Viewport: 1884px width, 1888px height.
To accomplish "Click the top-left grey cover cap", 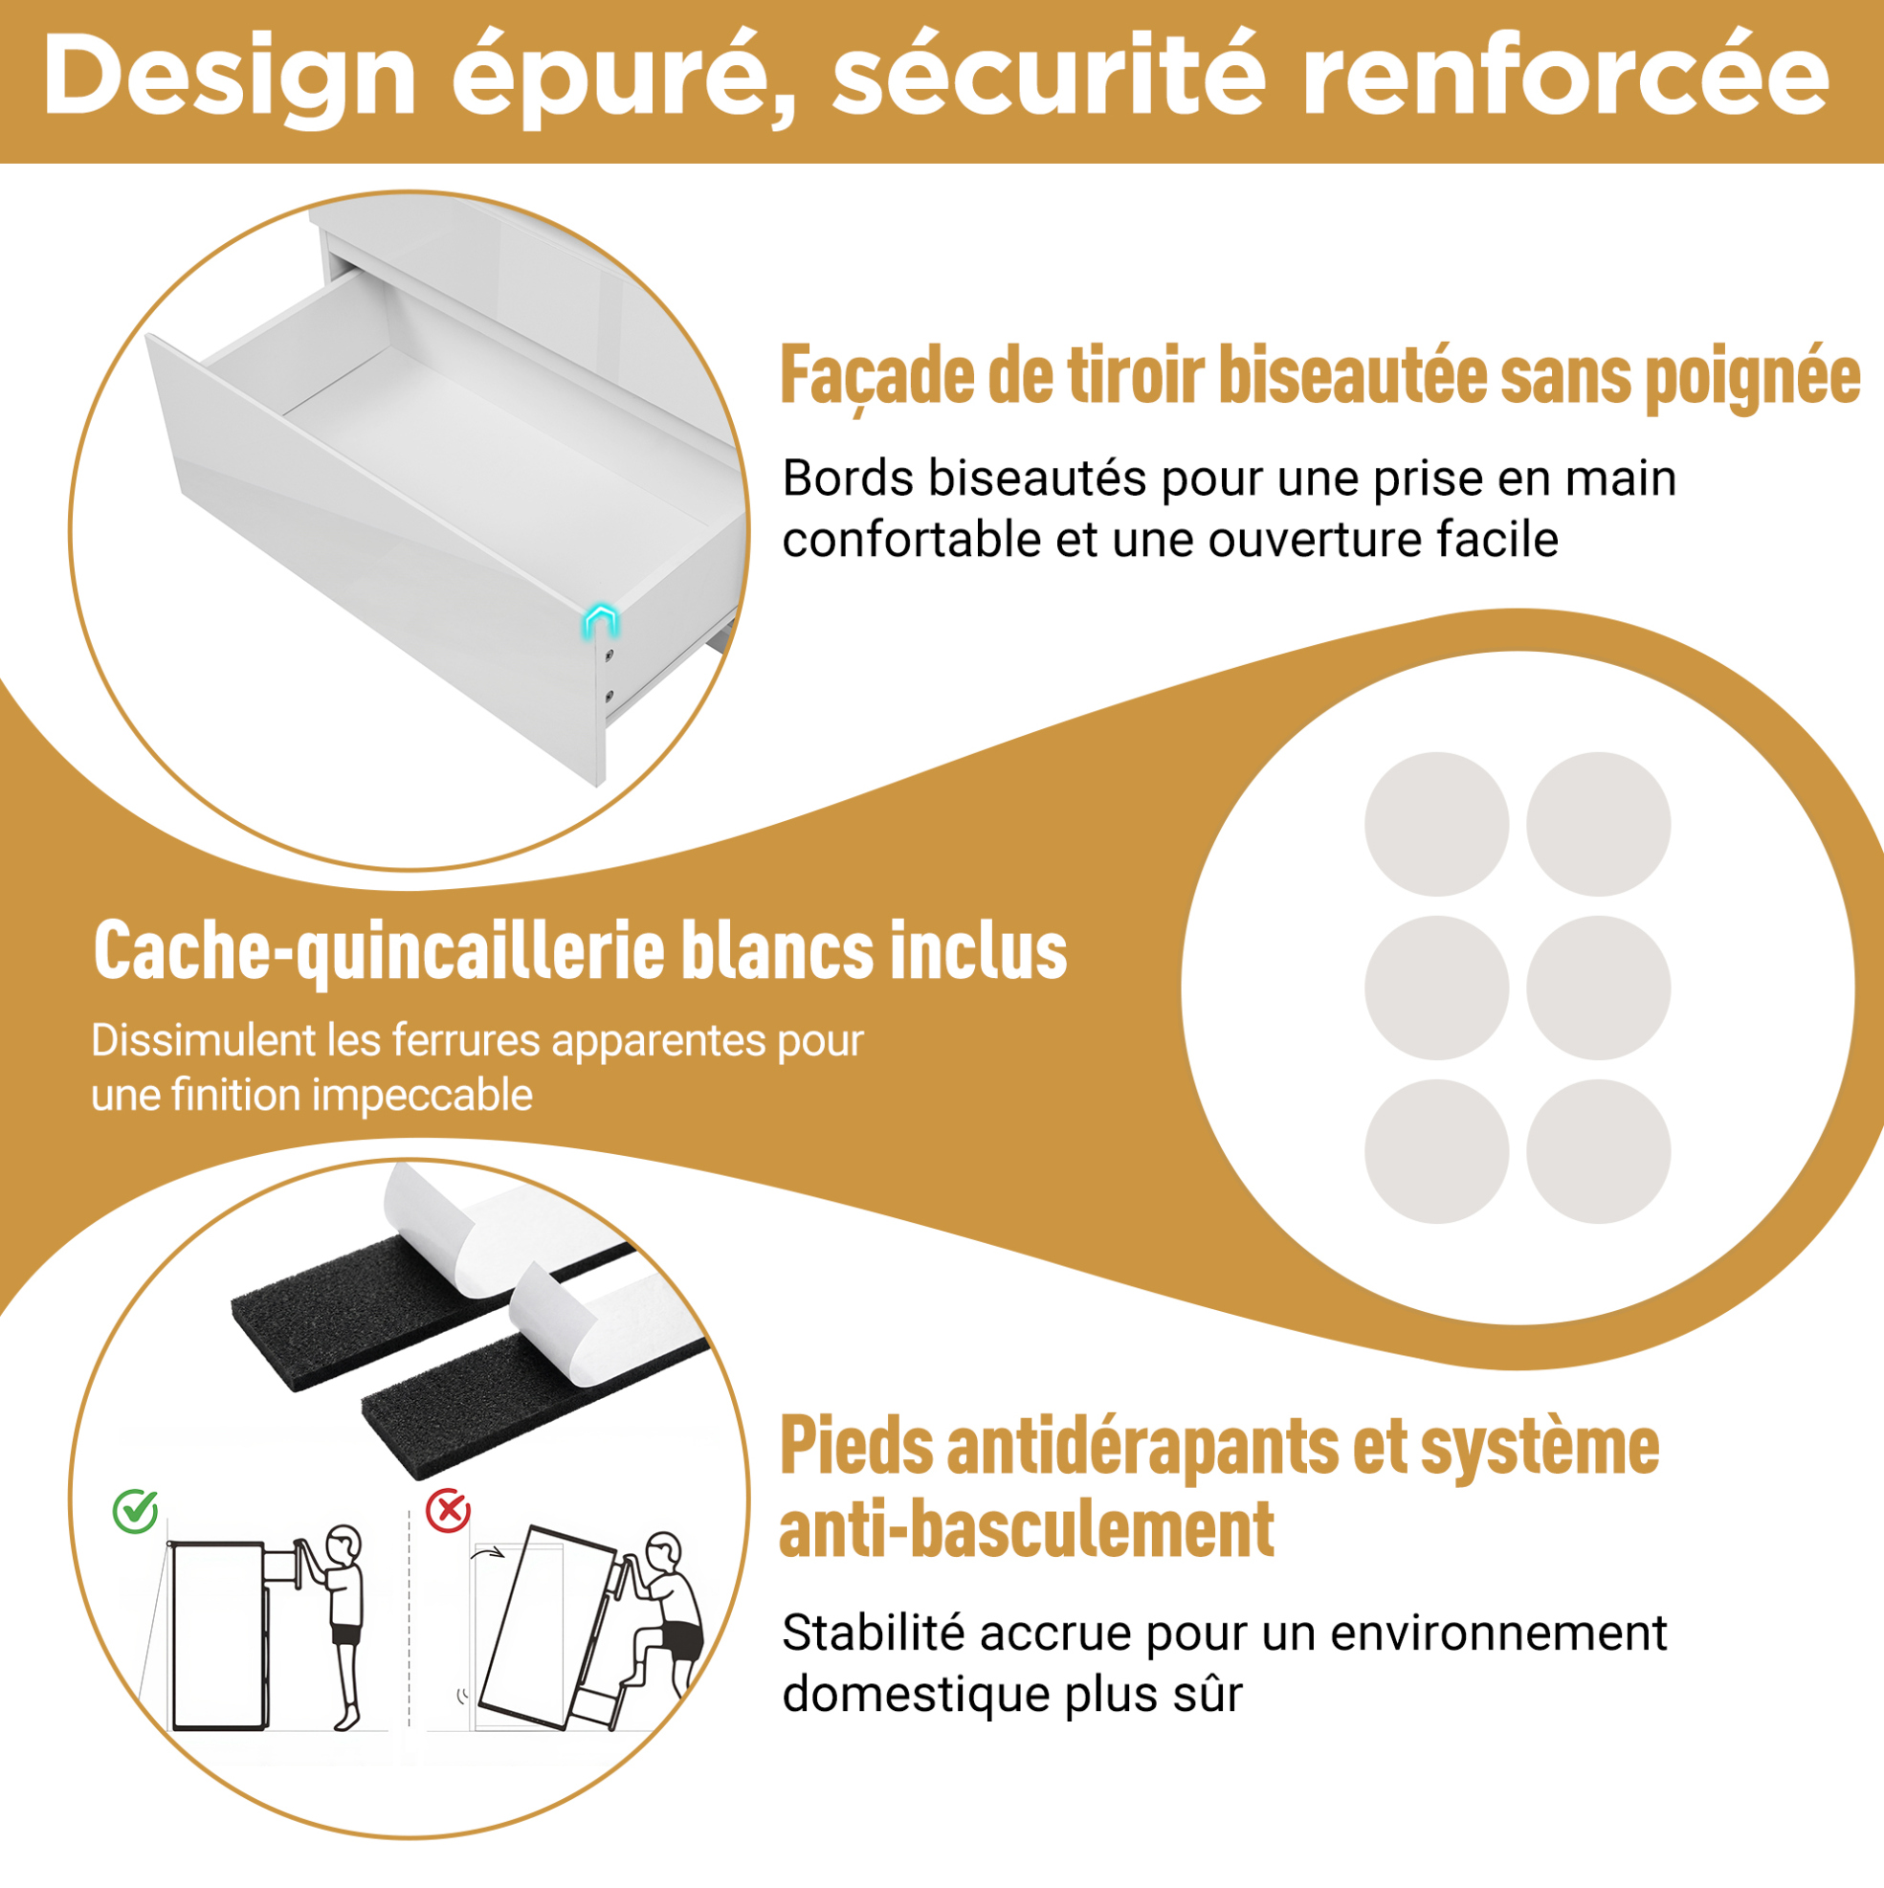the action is coord(1436,824).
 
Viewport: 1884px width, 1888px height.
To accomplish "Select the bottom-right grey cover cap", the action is coord(1599,1151).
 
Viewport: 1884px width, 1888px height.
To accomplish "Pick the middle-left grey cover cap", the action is coord(1436,988).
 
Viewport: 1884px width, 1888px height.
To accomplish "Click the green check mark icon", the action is coord(136,1511).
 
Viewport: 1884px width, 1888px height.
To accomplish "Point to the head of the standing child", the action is coord(344,1545).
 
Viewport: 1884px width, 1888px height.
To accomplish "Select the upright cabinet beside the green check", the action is coord(219,1636).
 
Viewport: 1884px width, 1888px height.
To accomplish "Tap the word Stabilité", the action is coord(874,1632).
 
